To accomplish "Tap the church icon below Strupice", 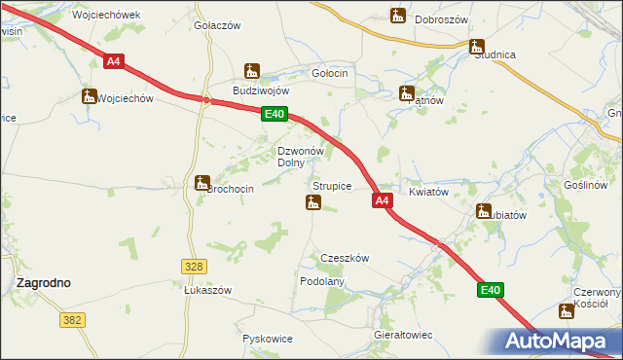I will (x=313, y=202).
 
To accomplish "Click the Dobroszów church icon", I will (x=397, y=16).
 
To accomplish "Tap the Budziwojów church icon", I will (x=252, y=71).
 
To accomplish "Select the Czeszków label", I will (x=345, y=259).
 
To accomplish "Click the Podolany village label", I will (x=322, y=280).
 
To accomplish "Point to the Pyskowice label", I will (x=268, y=339).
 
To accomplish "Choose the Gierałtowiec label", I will (x=403, y=334).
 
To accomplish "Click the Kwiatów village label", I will (x=428, y=193).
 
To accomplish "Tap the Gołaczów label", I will (x=217, y=26).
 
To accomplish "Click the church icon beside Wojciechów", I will (x=89, y=96).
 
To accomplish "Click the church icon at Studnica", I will (x=476, y=46).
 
